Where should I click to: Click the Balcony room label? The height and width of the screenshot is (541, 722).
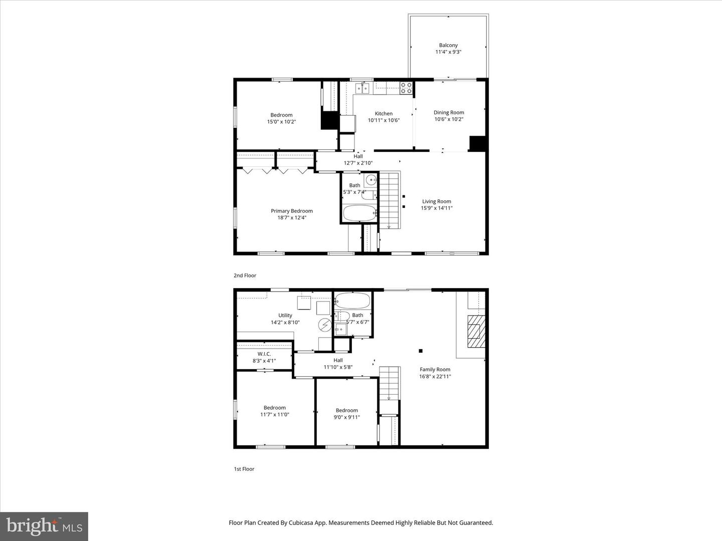448,45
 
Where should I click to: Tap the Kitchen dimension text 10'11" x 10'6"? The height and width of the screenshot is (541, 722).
384,120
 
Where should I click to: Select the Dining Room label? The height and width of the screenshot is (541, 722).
449,113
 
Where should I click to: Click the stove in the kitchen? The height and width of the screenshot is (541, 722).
406,88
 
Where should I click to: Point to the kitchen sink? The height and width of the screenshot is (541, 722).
362,89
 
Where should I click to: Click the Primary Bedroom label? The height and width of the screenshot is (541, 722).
292,211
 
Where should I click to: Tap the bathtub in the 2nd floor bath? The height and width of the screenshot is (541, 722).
360,213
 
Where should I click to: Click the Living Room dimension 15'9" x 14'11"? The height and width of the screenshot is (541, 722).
436,208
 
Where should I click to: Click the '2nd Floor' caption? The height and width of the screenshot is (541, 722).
245,276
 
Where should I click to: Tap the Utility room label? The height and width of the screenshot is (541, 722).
285,316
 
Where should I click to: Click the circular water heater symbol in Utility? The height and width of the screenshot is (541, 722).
324,326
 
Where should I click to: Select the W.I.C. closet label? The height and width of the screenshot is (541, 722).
264,354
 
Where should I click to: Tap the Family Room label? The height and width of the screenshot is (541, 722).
435,370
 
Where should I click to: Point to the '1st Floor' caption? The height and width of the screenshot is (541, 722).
244,469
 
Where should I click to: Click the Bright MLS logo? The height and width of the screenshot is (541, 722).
44,526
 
